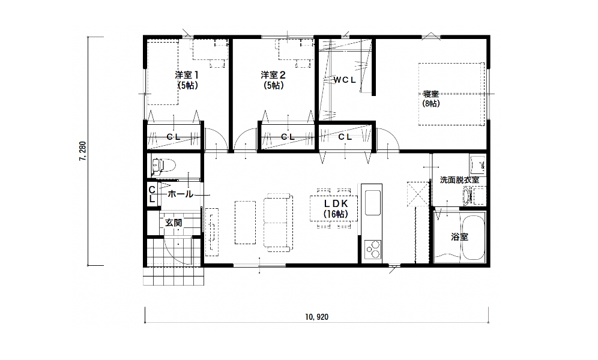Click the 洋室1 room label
tap(187, 74)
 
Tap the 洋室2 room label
tap(273, 74)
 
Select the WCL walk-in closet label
tap(345, 80)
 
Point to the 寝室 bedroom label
tap(431, 94)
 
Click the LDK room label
tap(336, 203)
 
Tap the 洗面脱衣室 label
tap(459, 180)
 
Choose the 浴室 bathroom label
tap(459, 237)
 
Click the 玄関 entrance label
tap(174, 223)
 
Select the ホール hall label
tap(180, 194)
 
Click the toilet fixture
tap(163, 166)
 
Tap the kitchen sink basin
tap(373, 203)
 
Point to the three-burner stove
tap(373, 250)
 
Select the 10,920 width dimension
tap(316, 317)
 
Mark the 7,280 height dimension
tap(83, 151)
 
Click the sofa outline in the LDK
tap(278, 223)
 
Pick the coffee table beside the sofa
tap(245, 223)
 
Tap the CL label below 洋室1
tap(174, 137)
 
